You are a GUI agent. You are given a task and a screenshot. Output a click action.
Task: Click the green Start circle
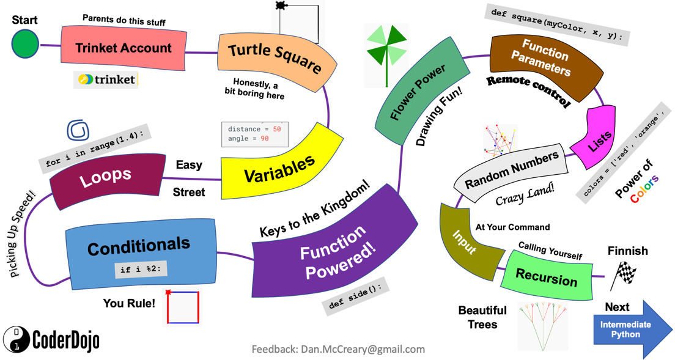[x=25, y=45]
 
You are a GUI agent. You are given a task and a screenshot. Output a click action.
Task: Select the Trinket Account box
[x=123, y=48]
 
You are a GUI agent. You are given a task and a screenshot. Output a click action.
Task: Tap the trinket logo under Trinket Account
[x=106, y=79]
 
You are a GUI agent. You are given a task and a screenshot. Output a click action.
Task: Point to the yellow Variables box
[x=280, y=167]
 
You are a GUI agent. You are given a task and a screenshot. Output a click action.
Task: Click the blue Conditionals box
[x=140, y=252]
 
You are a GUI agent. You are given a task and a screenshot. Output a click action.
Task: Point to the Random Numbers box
[x=511, y=172]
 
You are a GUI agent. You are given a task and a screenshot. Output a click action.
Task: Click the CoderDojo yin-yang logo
[x=17, y=340]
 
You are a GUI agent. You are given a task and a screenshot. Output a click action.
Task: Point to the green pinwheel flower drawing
[x=386, y=52]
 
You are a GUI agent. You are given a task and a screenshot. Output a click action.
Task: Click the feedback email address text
[x=338, y=349]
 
